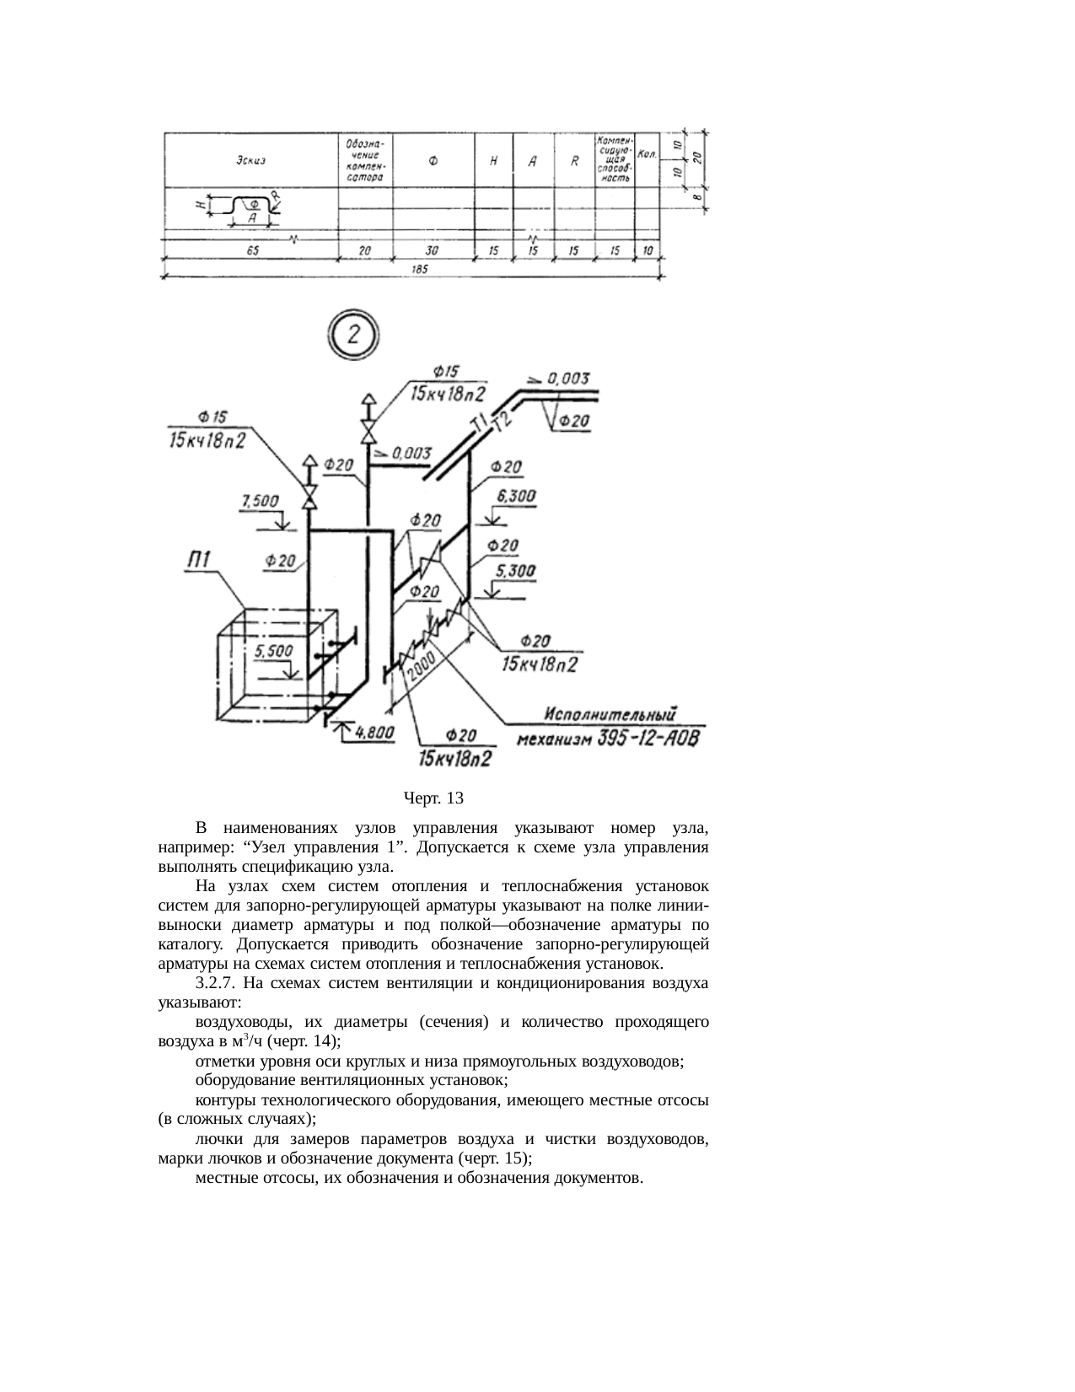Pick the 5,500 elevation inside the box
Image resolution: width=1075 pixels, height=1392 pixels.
point(274,651)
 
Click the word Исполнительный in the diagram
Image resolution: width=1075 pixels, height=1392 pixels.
point(612,715)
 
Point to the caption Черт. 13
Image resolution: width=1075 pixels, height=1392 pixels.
point(433,797)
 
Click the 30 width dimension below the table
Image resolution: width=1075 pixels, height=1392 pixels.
point(433,250)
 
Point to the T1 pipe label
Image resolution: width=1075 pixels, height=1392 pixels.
point(478,427)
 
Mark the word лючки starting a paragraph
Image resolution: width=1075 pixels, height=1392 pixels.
point(217,1140)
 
